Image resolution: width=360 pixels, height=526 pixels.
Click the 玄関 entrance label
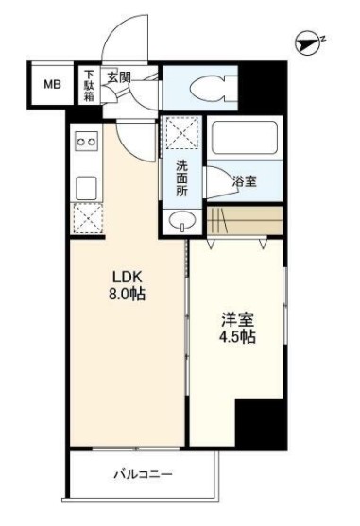point(118,76)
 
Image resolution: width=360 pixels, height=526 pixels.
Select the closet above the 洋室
point(244,224)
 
